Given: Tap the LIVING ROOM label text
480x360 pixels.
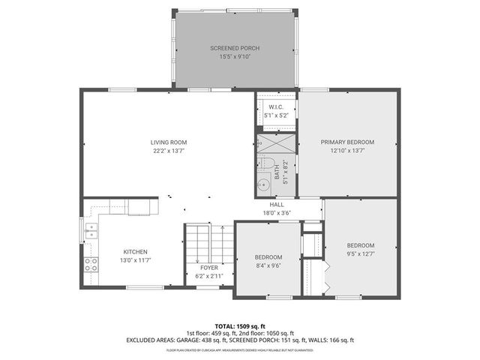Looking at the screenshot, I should pyautogui.click(x=168, y=142).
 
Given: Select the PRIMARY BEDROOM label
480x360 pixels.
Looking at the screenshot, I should pyautogui.click(x=347, y=142).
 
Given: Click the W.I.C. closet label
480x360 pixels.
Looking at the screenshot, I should pyautogui.click(x=275, y=107).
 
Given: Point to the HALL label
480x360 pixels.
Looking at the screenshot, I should pyautogui.click(x=277, y=205).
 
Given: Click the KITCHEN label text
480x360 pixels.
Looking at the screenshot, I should pyautogui.click(x=135, y=251).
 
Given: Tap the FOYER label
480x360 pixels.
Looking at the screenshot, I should pyautogui.click(x=208, y=268).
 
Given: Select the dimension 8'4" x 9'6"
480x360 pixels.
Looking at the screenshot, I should pyautogui.click(x=268, y=265).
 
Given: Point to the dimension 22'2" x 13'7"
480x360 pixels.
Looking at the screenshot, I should pyautogui.click(x=168, y=150).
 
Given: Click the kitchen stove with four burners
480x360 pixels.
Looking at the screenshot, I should pyautogui.click(x=90, y=264).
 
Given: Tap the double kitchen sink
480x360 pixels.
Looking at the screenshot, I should pyautogui.click(x=90, y=230).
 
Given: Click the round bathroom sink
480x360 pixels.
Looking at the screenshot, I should pyautogui.click(x=262, y=184).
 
